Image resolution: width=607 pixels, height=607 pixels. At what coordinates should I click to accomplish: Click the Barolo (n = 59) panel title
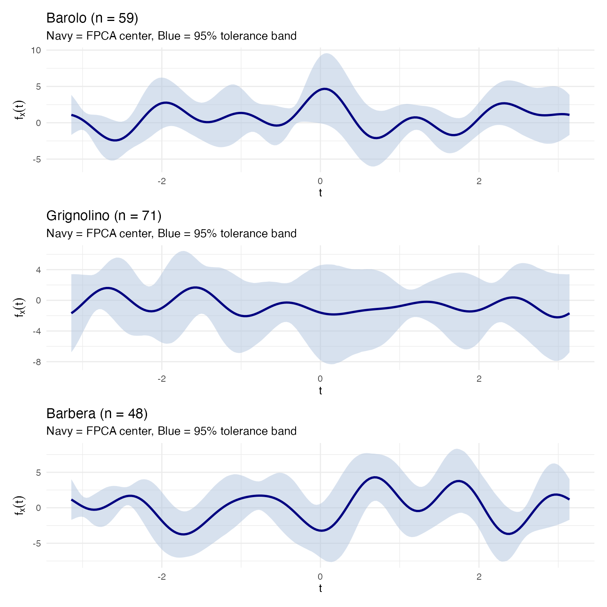pyautogui.click(x=92, y=18)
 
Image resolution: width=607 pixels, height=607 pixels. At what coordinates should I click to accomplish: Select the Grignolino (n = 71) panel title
pyautogui.click(x=104, y=216)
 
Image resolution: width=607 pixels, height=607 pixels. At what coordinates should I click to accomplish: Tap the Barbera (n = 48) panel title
pyautogui.click(x=97, y=414)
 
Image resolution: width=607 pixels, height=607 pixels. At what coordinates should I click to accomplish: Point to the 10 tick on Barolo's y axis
pyautogui.click(x=36, y=50)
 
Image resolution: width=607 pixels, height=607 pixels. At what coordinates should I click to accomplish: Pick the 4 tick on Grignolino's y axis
pyautogui.click(x=38, y=270)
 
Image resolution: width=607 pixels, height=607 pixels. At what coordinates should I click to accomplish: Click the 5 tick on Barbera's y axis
pyautogui.click(x=38, y=472)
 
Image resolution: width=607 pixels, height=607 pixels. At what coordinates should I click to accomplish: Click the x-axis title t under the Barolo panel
pyautogui.click(x=320, y=193)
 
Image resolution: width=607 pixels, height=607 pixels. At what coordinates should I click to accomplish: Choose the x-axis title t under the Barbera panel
pyautogui.click(x=320, y=588)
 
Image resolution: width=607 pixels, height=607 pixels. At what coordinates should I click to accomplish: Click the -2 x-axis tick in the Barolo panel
pyautogui.click(x=161, y=181)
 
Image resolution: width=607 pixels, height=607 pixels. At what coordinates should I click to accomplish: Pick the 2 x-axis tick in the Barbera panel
pyautogui.click(x=479, y=577)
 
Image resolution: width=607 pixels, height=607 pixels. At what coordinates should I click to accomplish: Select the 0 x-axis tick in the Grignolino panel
pyautogui.click(x=320, y=379)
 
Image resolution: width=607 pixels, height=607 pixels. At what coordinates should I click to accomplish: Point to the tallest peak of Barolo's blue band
pyautogui.click(x=326, y=54)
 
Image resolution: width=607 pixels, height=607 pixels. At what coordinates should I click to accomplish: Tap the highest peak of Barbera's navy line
pyautogui.click(x=375, y=477)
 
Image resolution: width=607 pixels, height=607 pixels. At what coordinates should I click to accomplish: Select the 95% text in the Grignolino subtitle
pyautogui.click(x=205, y=234)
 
